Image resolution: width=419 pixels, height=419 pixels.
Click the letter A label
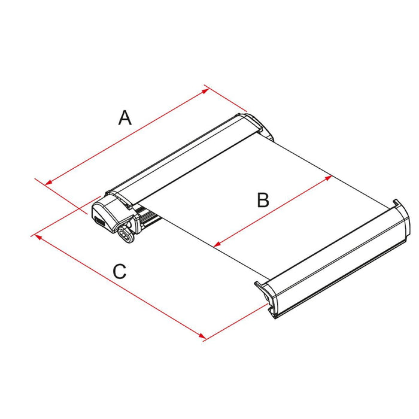125,117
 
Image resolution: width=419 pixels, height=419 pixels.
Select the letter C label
119,272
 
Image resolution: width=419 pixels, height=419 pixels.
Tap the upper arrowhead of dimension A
206,91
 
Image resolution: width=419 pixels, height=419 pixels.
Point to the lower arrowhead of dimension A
48,183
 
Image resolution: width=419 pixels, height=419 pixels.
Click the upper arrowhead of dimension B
329,178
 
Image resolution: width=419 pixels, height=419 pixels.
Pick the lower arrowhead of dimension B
217,244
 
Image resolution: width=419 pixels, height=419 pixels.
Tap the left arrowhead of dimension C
38,237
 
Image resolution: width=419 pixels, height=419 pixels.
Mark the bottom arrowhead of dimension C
202,336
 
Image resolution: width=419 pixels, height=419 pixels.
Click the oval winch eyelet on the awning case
125,235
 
